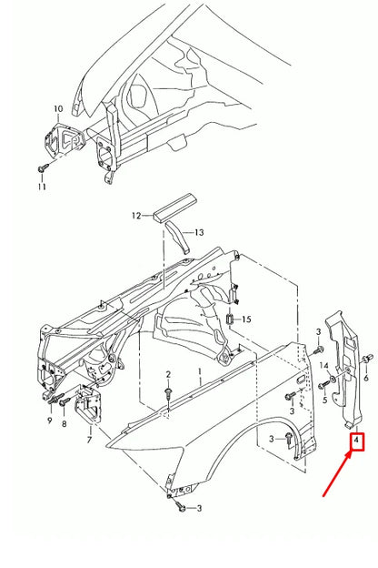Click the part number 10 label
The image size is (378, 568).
click(x=58, y=109)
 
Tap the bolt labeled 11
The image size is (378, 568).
click(x=43, y=169)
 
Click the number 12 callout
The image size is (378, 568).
click(x=136, y=216)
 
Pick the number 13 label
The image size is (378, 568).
click(x=199, y=233)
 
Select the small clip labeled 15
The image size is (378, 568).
click(x=231, y=319)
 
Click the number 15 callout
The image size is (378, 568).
click(x=246, y=319)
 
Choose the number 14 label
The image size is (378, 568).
click(x=323, y=365)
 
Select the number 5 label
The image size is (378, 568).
click(x=323, y=399)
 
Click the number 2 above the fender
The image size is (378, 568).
click(x=168, y=375)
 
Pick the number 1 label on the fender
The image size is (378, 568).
click(x=198, y=374)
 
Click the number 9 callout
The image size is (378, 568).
click(x=49, y=422)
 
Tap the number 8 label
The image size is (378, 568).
click(x=64, y=423)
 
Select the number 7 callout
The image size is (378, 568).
click(x=89, y=440)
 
